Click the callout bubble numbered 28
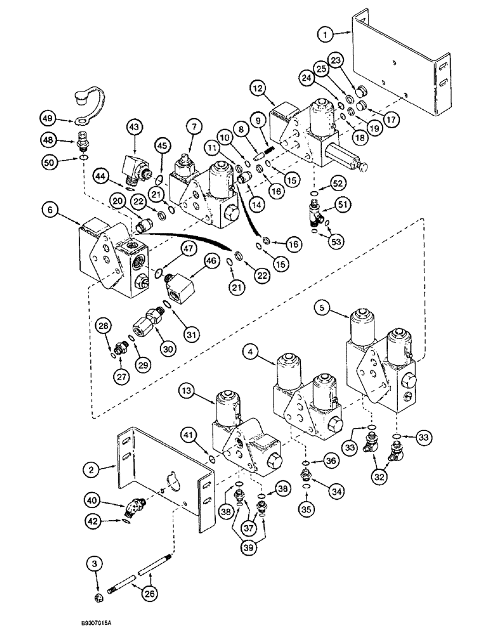pyautogui.click(x=103, y=326)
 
